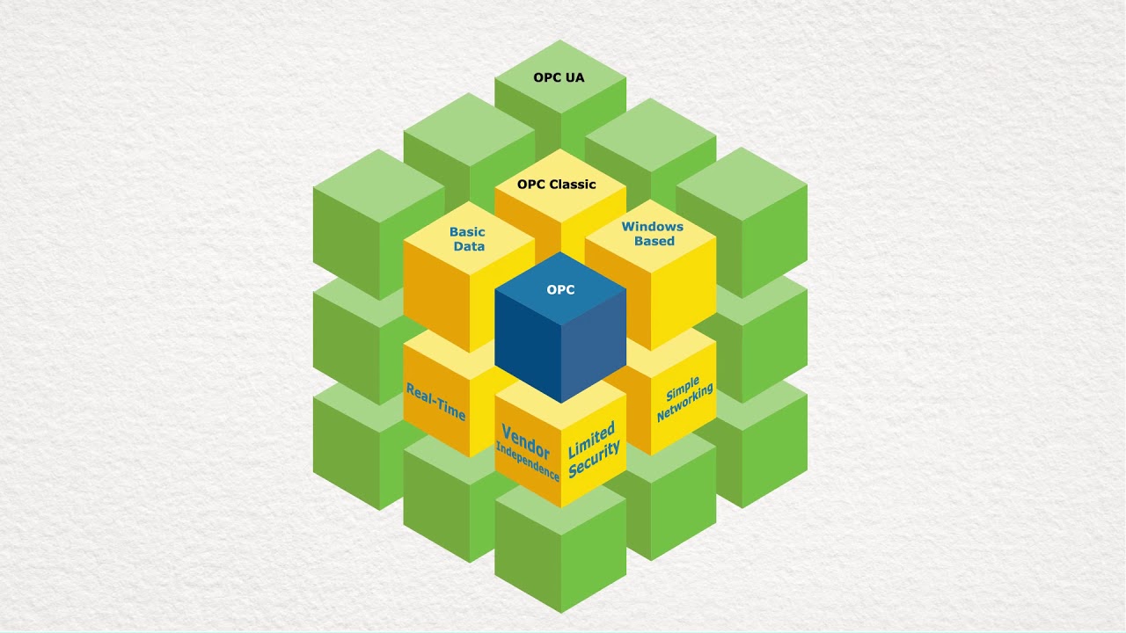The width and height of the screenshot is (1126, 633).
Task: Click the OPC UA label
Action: pos(559,77)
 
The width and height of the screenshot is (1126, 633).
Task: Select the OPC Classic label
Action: pos(557,184)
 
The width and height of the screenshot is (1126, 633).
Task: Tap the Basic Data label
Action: pos(468,239)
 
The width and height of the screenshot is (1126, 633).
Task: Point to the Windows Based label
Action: pos(653,234)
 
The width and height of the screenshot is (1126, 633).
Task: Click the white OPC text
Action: pos(560,289)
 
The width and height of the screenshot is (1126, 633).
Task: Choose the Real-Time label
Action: pos(435,402)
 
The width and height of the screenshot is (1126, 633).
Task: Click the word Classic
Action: pos(573,184)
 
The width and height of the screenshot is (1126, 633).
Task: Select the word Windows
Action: pos(653,227)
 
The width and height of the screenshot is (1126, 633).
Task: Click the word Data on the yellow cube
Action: pos(469,247)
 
